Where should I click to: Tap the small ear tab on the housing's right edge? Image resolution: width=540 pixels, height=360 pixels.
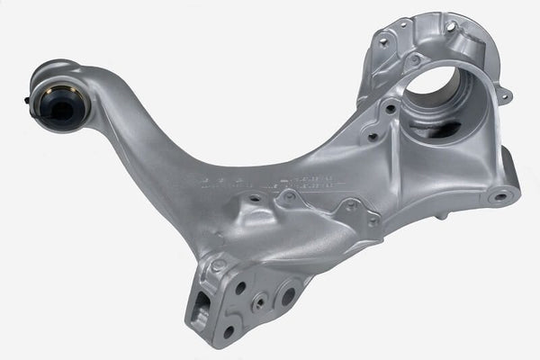[x=506, y=94]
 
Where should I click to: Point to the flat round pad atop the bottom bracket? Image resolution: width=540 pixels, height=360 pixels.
[x=219, y=265]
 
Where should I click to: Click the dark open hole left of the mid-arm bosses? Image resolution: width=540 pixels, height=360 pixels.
[x=255, y=198]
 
